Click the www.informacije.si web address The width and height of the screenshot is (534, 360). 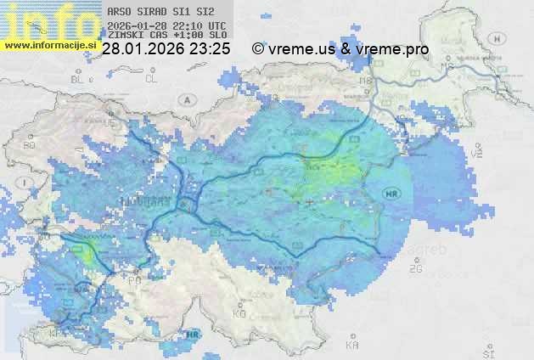click(51, 45)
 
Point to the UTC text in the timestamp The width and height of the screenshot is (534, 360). click(216, 26)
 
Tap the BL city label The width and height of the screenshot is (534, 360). click(81, 79)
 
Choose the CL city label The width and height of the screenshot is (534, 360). click(151, 78)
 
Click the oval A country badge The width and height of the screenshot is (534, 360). click(186, 99)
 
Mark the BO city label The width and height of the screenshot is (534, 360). click(29, 145)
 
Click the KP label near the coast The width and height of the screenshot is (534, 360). click(58, 335)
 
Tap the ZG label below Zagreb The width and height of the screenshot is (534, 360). click(415, 269)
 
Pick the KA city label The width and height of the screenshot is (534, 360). click(351, 346)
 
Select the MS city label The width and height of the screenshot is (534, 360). click(366, 81)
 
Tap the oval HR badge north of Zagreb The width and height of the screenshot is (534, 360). click(391, 192)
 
